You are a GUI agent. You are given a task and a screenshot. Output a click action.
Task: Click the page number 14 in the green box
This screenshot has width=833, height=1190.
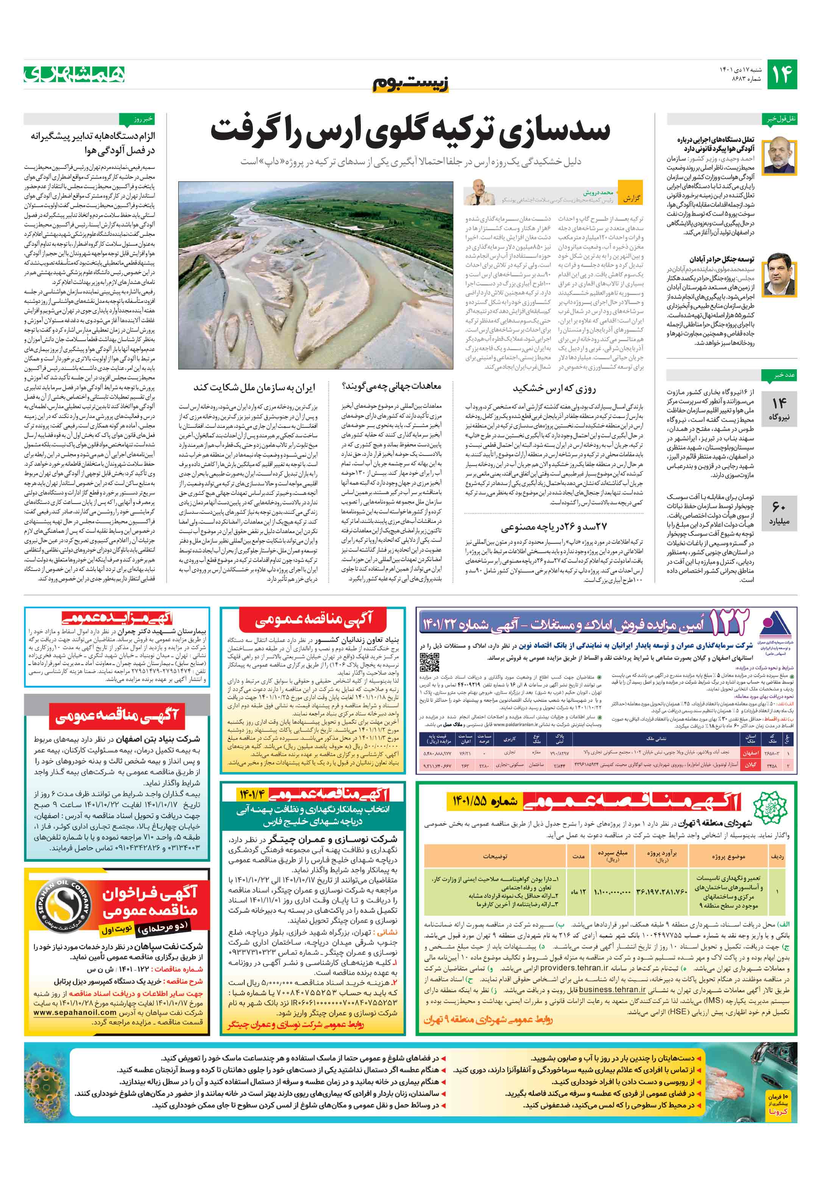coord(781,75)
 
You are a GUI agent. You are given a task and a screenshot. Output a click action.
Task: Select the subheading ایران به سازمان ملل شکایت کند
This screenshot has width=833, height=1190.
coord(254,387)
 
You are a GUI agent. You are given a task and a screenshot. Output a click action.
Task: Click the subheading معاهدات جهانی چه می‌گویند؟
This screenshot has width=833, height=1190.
coord(392,386)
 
